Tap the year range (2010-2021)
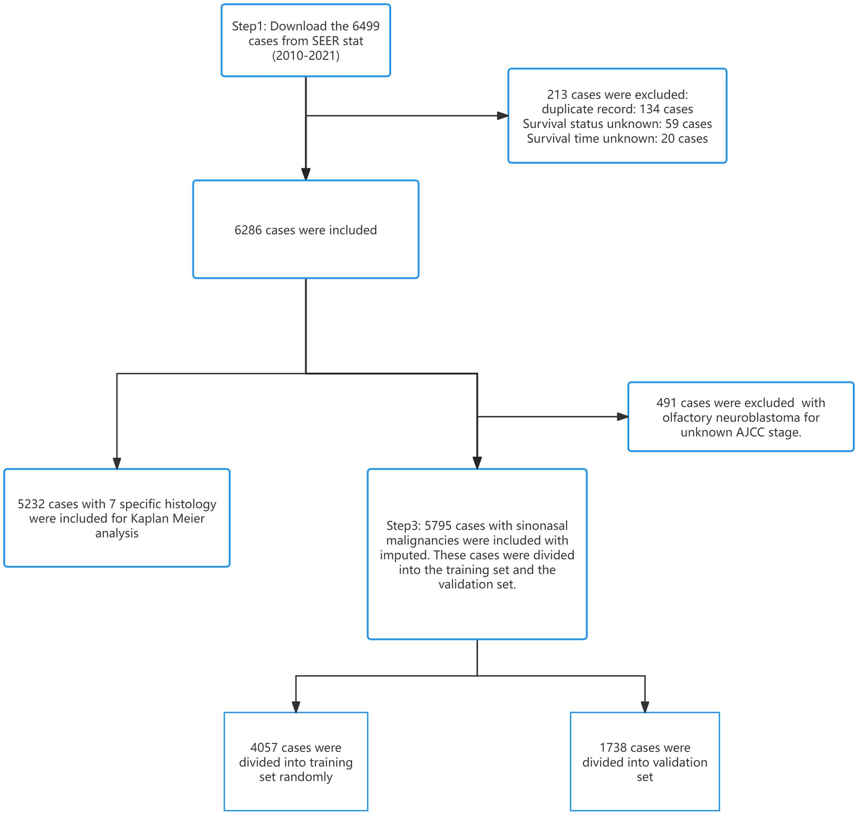point(306,55)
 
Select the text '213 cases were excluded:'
point(617,95)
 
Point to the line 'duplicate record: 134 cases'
point(617,109)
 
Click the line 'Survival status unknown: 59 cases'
point(617,124)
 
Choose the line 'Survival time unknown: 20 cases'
point(617,138)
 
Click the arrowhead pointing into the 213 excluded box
point(502,116)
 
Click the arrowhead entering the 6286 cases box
point(306,174)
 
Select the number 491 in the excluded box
point(666,403)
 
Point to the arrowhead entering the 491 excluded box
point(622,417)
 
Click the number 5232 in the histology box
point(31,504)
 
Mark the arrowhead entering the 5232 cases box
point(117,463)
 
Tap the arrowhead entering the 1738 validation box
point(645,707)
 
